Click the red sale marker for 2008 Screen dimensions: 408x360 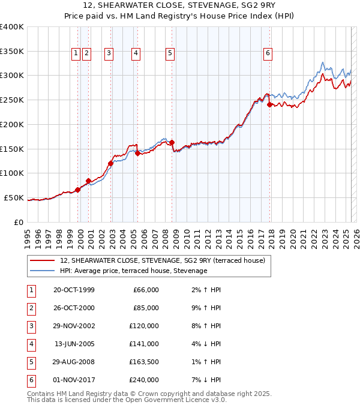[172, 142]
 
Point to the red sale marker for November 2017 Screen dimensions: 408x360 [269, 104]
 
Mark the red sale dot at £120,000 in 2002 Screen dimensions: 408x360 [111, 163]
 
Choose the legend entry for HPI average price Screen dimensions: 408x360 [133, 271]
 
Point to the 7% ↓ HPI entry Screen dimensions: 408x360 [211, 380]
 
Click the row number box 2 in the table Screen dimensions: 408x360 [30, 308]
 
